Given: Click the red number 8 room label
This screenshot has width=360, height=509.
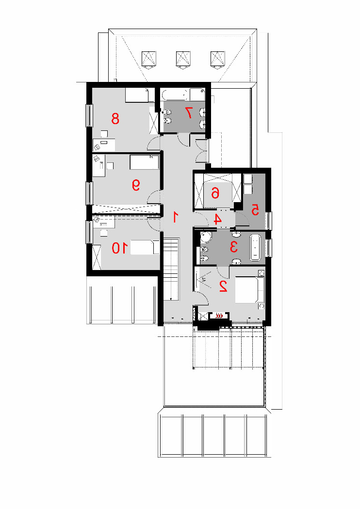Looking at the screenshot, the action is point(115,118).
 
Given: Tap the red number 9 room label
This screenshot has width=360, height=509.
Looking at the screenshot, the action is point(136,185).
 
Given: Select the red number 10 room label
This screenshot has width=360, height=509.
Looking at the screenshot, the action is point(119,248).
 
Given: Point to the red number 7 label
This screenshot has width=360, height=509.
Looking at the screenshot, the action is point(188,112).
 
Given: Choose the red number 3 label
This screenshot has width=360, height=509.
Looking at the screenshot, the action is point(233,247).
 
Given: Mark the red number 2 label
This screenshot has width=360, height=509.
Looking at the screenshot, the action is point(223,286).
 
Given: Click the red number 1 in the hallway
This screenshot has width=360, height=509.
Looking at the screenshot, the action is point(176,217).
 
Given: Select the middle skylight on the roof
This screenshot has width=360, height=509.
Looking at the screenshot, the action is point(183,60).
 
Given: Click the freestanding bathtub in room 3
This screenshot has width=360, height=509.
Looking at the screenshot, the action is point(255,248).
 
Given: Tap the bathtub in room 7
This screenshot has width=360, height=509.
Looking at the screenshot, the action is point(176,95).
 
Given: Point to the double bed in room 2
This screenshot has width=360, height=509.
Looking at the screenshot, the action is point(249,289).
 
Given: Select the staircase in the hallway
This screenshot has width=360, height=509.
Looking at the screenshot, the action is point(171,270).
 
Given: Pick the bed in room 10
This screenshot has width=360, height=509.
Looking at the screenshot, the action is point(145,247).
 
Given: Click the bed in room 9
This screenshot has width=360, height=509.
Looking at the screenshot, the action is point(145,162).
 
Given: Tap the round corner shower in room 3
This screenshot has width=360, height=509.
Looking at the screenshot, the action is point(206,238).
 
